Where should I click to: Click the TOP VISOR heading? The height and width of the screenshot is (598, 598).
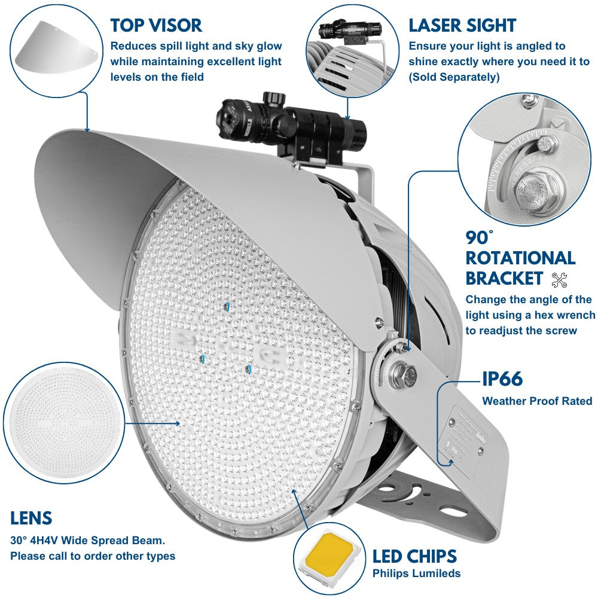[x=156, y=25]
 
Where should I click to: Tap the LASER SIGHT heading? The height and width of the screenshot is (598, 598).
[x=462, y=25]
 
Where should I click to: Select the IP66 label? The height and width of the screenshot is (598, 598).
[x=502, y=379]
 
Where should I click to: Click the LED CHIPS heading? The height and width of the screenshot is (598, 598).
[x=414, y=556]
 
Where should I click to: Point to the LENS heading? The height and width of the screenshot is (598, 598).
[x=31, y=518]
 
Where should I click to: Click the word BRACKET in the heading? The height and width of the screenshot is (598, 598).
[x=504, y=278]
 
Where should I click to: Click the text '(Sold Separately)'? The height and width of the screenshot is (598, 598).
[x=454, y=77]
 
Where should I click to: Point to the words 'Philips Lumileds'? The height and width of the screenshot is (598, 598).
[x=416, y=573]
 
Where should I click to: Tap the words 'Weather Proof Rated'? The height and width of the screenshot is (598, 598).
[x=537, y=401]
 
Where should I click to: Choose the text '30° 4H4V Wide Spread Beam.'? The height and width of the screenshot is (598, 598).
[x=87, y=541]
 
